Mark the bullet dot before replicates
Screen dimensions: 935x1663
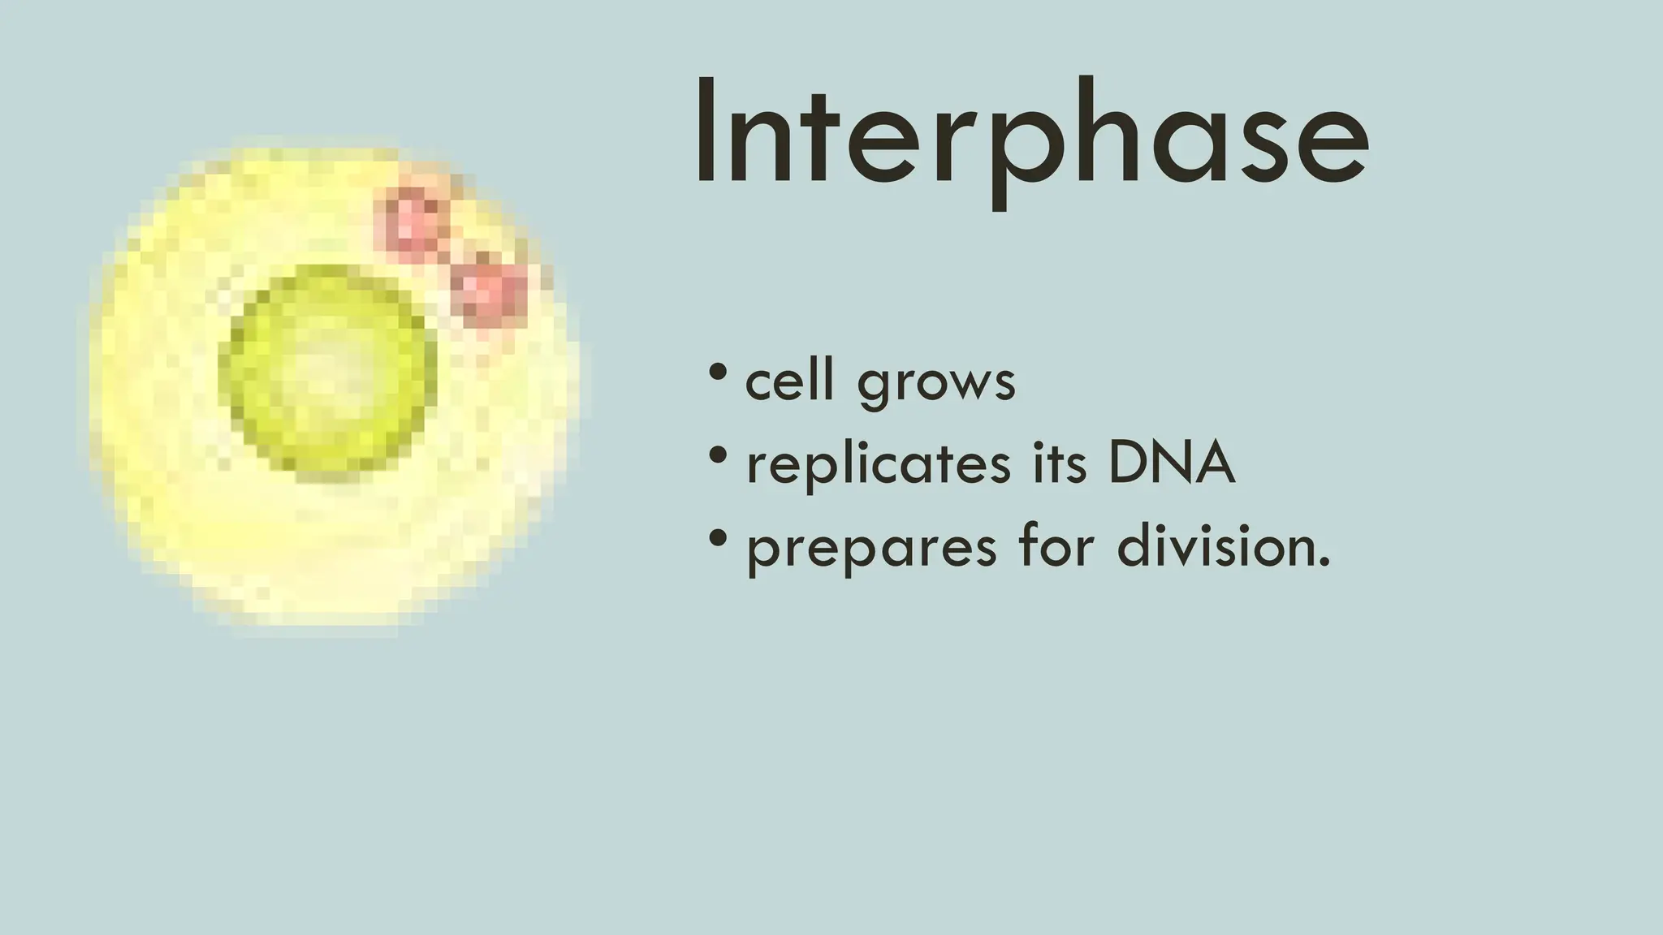[x=717, y=455]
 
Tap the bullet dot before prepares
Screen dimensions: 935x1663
[x=717, y=538]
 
